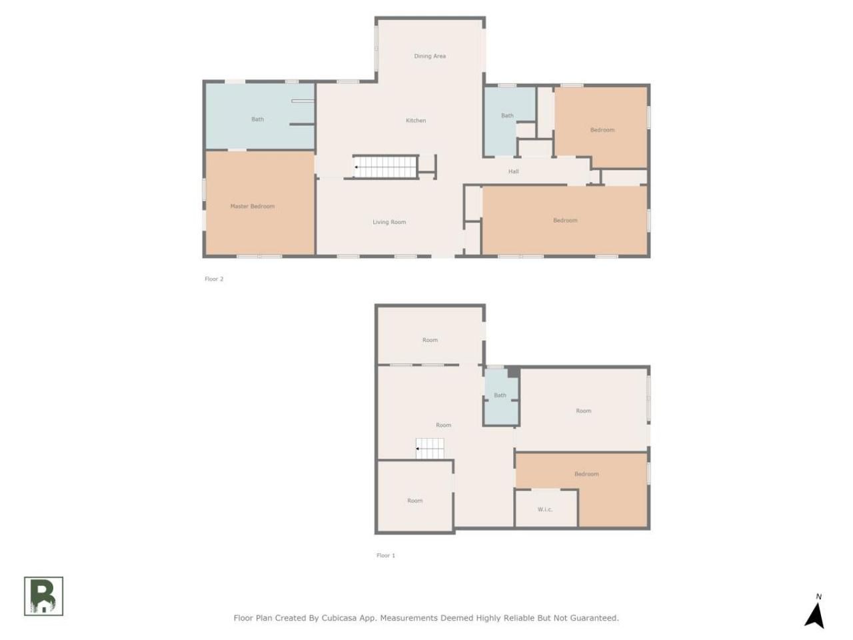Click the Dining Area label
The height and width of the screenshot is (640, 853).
point(429,56)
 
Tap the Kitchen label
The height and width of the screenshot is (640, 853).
point(415,121)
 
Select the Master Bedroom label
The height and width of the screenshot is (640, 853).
point(252,206)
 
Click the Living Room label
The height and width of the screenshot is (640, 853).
point(389,222)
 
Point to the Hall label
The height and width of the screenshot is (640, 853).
point(513,171)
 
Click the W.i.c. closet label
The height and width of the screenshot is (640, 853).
point(545,509)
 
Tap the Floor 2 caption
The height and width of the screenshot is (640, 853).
point(214,279)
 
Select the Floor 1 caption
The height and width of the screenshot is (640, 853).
point(385,555)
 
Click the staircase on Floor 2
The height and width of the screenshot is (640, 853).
point(385,167)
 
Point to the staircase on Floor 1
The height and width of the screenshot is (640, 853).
point(430,449)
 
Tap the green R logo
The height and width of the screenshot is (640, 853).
point(43,596)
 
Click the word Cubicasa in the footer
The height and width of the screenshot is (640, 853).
point(339,618)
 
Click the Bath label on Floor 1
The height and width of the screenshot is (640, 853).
point(500,395)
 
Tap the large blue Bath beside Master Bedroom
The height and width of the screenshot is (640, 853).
point(259,116)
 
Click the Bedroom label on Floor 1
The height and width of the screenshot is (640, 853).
point(586,474)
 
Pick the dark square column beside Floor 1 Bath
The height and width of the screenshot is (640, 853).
point(513,371)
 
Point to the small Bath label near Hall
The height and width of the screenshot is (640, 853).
point(507,115)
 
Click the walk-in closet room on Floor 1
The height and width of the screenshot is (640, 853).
point(546,508)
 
